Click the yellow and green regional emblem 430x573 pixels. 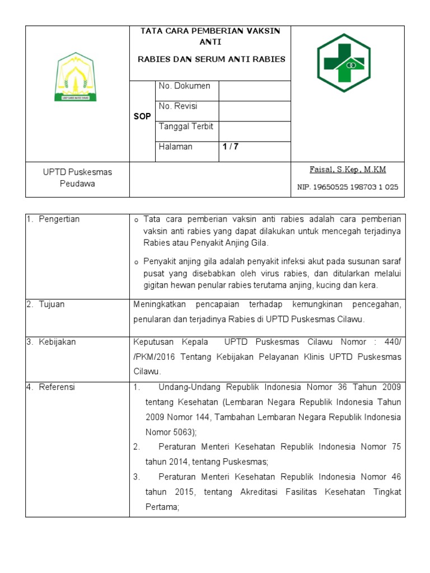click(75, 77)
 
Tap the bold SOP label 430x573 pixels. click(142, 116)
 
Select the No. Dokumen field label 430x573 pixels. click(184, 86)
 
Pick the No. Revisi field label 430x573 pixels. click(178, 106)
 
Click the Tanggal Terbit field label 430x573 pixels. click(186, 126)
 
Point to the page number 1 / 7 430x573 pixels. click(230, 147)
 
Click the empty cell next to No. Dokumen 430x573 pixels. click(254, 91)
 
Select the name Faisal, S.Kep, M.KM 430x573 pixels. click(348, 170)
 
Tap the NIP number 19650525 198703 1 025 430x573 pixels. click(348, 187)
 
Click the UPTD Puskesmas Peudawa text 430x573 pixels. click(77, 178)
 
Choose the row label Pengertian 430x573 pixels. click(59, 219)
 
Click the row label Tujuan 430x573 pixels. click(52, 304)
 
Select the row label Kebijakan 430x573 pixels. click(57, 342)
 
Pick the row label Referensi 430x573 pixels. click(57, 387)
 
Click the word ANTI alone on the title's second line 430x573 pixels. click(210, 42)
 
